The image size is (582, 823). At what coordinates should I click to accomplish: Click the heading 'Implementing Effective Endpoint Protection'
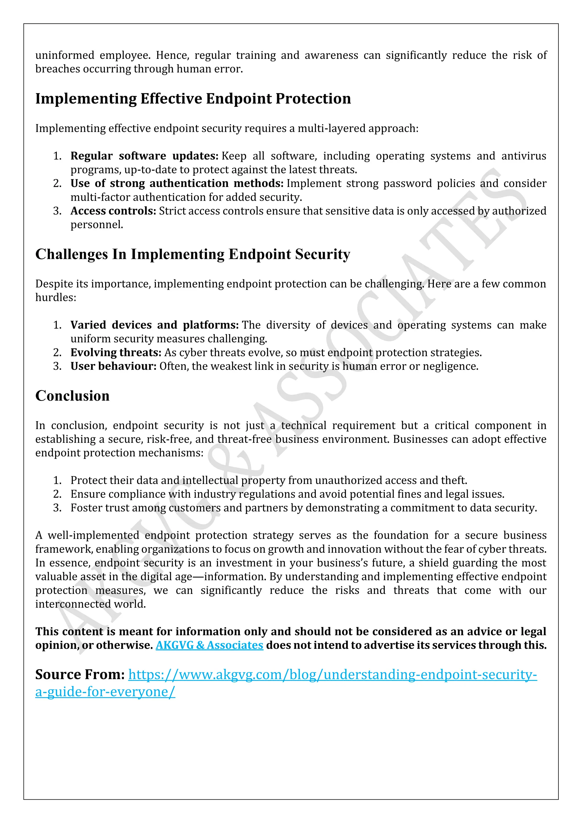coord(193,99)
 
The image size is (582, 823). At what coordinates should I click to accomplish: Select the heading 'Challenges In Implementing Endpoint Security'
coord(192,254)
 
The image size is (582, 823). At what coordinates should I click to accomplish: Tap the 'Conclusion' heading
coord(72,396)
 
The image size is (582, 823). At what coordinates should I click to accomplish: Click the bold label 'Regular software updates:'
coord(144,156)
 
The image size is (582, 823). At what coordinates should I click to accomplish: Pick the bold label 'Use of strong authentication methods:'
coord(177,183)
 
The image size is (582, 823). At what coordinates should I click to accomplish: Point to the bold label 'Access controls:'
coord(113,211)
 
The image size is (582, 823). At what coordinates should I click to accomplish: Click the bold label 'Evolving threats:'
coord(116,352)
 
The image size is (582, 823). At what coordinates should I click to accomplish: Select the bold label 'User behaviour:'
coord(113,366)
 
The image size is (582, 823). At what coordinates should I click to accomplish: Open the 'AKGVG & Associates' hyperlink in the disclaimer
coord(209,645)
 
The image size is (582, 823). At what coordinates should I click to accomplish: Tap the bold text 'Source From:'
coord(80,674)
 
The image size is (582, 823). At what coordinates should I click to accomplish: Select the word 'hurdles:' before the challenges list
coord(55,297)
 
